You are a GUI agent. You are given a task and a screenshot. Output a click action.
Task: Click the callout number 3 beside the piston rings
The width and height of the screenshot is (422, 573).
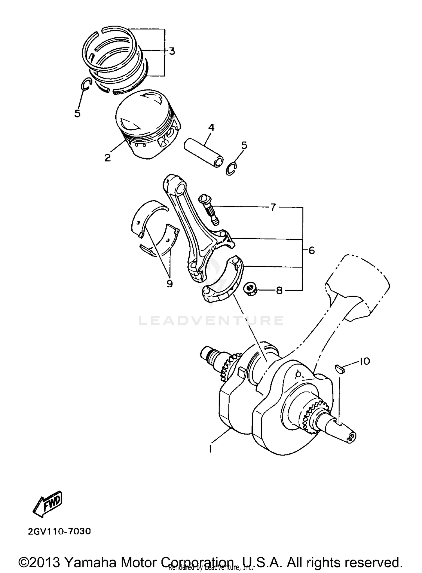pyautogui.click(x=172, y=51)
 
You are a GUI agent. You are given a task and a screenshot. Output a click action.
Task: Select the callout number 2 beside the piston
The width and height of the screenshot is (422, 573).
pyautogui.click(x=108, y=158)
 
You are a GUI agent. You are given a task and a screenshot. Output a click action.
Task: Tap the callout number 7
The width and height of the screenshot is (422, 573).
pyautogui.click(x=273, y=208)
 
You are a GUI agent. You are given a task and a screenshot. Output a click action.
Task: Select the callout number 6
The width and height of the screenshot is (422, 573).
pyautogui.click(x=311, y=250)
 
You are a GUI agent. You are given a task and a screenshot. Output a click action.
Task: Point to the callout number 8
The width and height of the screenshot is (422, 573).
pyautogui.click(x=279, y=290)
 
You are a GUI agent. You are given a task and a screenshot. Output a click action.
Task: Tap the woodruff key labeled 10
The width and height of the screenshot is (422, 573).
pyautogui.click(x=340, y=369)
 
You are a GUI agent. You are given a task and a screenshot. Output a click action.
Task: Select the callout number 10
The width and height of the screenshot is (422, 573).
pyautogui.click(x=364, y=361)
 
